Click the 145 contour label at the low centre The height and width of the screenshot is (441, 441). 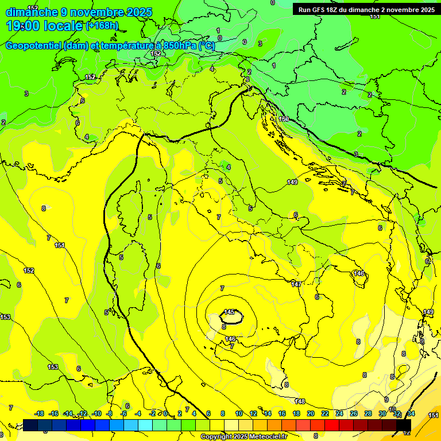click(x=230, y=312)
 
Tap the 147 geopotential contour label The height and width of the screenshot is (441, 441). click(x=296, y=284)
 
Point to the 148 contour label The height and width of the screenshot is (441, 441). click(x=299, y=401)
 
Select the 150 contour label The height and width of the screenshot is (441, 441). click(x=284, y=119)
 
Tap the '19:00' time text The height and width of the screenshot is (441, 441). click(x=26, y=26)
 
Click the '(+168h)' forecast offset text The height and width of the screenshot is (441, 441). click(x=102, y=25)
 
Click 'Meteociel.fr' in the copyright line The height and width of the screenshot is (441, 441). click(x=265, y=436)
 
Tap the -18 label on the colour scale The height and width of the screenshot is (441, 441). click(x=40, y=413)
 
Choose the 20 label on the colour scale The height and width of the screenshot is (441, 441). click(x=311, y=413)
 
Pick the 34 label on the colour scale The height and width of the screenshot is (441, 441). click(x=411, y=413)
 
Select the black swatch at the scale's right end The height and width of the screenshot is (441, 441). click(x=404, y=425)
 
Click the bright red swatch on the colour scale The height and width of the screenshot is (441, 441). click(x=332, y=425)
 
